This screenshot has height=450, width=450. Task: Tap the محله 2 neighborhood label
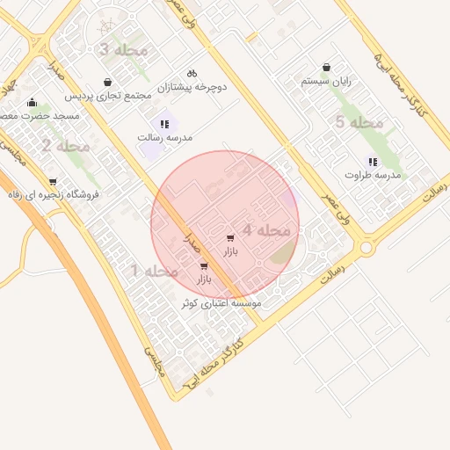click(65, 146)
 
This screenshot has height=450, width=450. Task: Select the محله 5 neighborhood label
click(359, 122)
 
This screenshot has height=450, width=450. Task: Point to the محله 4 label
click(266, 230)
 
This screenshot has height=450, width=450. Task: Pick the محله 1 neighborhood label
click(154, 272)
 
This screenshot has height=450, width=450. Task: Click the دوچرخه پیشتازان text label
click(192, 87)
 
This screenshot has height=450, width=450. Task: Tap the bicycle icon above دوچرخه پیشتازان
click(192, 74)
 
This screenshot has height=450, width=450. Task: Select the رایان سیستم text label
click(326, 81)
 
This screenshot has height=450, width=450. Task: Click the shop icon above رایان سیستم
click(327, 68)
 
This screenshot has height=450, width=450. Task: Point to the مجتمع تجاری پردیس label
click(107, 95)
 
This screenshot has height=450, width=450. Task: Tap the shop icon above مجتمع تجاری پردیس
click(107, 82)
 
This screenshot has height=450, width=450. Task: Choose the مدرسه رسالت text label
click(164, 137)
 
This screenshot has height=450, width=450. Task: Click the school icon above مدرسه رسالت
click(164, 124)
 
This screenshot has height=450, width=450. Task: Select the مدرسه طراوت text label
click(373, 175)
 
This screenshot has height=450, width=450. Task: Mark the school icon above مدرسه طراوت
click(373, 162)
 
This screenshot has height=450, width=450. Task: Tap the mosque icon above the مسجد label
click(33, 103)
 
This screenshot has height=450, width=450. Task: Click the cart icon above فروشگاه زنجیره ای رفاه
click(53, 182)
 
